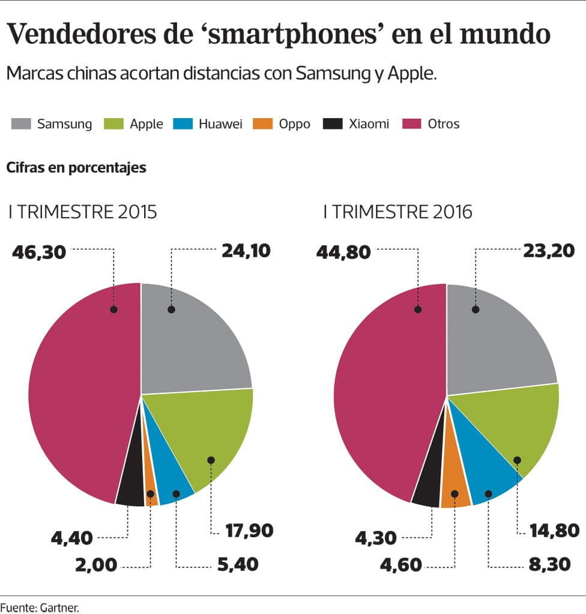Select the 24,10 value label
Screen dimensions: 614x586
tap(246, 251)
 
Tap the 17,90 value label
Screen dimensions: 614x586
tap(249, 531)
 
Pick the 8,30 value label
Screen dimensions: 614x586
tap(554, 564)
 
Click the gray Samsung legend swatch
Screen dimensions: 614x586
tap(21, 124)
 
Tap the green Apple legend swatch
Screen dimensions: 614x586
tap(114, 124)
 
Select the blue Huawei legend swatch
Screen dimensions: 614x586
tap(183, 124)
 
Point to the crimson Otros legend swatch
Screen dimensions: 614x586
tap(412, 124)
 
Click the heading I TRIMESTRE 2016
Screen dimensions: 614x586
tap(397, 212)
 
